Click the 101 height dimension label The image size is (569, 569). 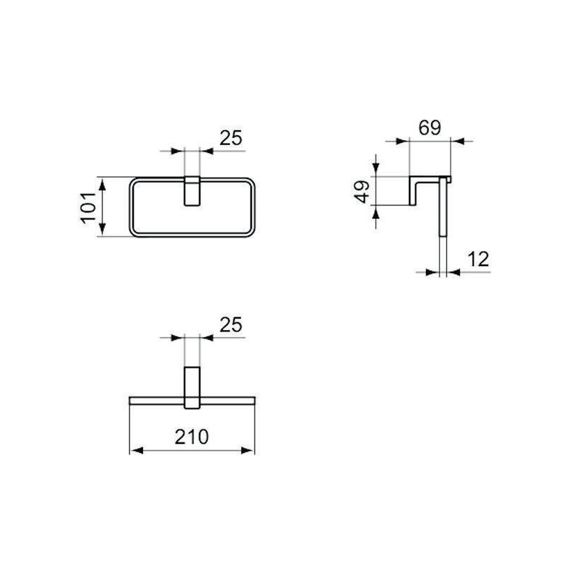[88, 208]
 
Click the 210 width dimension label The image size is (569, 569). [191, 437]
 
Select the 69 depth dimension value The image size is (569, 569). [430, 127]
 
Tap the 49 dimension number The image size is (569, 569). [362, 191]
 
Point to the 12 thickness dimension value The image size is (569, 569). [478, 259]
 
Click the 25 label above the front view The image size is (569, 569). [230, 138]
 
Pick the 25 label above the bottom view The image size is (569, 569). [230, 324]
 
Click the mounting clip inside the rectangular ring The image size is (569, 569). [192, 191]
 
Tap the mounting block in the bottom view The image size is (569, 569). [192, 388]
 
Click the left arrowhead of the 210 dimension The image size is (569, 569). [137, 451]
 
